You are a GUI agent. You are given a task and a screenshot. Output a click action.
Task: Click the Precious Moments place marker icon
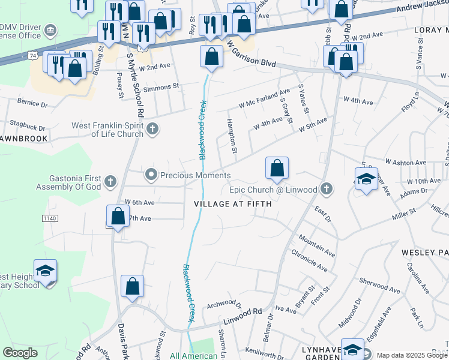coord(151,175)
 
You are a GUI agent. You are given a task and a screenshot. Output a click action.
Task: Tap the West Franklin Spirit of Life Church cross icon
coord(153,128)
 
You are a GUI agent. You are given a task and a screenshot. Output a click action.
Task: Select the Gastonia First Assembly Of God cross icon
coord(110,181)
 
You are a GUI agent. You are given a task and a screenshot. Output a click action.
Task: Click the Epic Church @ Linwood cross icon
coord(326,190)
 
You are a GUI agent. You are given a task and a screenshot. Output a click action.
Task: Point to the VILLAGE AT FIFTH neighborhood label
coord(233,204)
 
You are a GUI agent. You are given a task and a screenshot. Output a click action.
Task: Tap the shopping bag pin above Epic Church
coord(277,170)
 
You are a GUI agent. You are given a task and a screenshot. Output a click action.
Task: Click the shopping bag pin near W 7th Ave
coord(118,217)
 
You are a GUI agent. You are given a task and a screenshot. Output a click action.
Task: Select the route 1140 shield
coord(50,218)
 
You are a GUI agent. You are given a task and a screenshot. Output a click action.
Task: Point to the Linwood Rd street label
coord(243,316)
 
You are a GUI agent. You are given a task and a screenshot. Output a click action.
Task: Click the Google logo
coord(20,353)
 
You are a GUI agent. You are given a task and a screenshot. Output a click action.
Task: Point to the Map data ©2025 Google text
coord(412,355)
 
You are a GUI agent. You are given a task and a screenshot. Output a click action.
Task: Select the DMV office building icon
coord(50,29)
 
